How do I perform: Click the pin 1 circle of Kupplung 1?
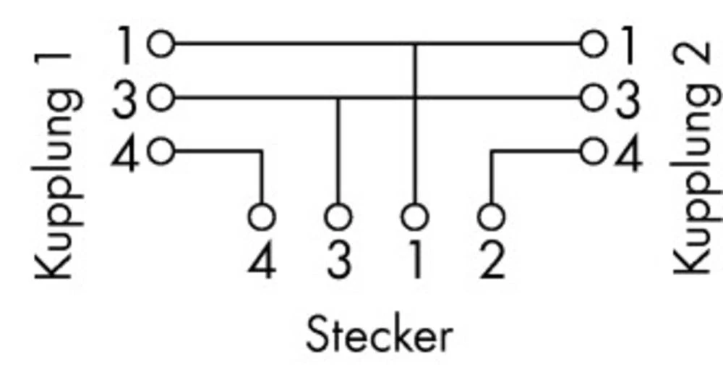pyautogui.click(x=161, y=45)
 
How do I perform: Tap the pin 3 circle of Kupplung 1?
pyautogui.click(x=161, y=98)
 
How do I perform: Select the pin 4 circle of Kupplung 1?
pyautogui.click(x=161, y=152)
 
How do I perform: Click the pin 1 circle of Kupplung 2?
pyautogui.click(x=594, y=45)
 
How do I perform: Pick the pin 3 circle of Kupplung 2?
pyautogui.click(x=594, y=98)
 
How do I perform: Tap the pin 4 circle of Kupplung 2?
pyautogui.click(x=594, y=152)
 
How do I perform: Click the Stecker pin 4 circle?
pyautogui.click(x=262, y=216)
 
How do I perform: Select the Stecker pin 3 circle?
pyautogui.click(x=338, y=216)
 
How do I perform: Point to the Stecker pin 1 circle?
pyautogui.click(x=414, y=216)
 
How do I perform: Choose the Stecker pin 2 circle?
pyautogui.click(x=491, y=216)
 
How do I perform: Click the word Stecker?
pyautogui.click(x=380, y=335)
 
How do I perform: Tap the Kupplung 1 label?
pyautogui.click(x=54, y=167)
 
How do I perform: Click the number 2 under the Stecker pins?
pyautogui.click(x=492, y=261)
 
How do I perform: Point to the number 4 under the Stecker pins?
pyautogui.click(x=262, y=261)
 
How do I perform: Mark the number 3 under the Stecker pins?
pyautogui.click(x=338, y=261)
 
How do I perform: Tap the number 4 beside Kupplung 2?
pyautogui.click(x=628, y=154)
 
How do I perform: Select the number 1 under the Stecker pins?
pyautogui.click(x=414, y=261)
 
